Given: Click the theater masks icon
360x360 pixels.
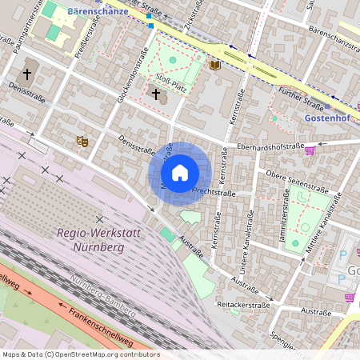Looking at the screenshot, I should coord(81,141).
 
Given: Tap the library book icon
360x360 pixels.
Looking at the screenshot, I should coord(214,64).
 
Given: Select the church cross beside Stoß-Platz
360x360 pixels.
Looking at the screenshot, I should coord(156,94).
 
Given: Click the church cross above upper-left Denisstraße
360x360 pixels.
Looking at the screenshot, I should coord(26,74).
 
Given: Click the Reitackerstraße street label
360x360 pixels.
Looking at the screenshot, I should coord(243,305).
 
